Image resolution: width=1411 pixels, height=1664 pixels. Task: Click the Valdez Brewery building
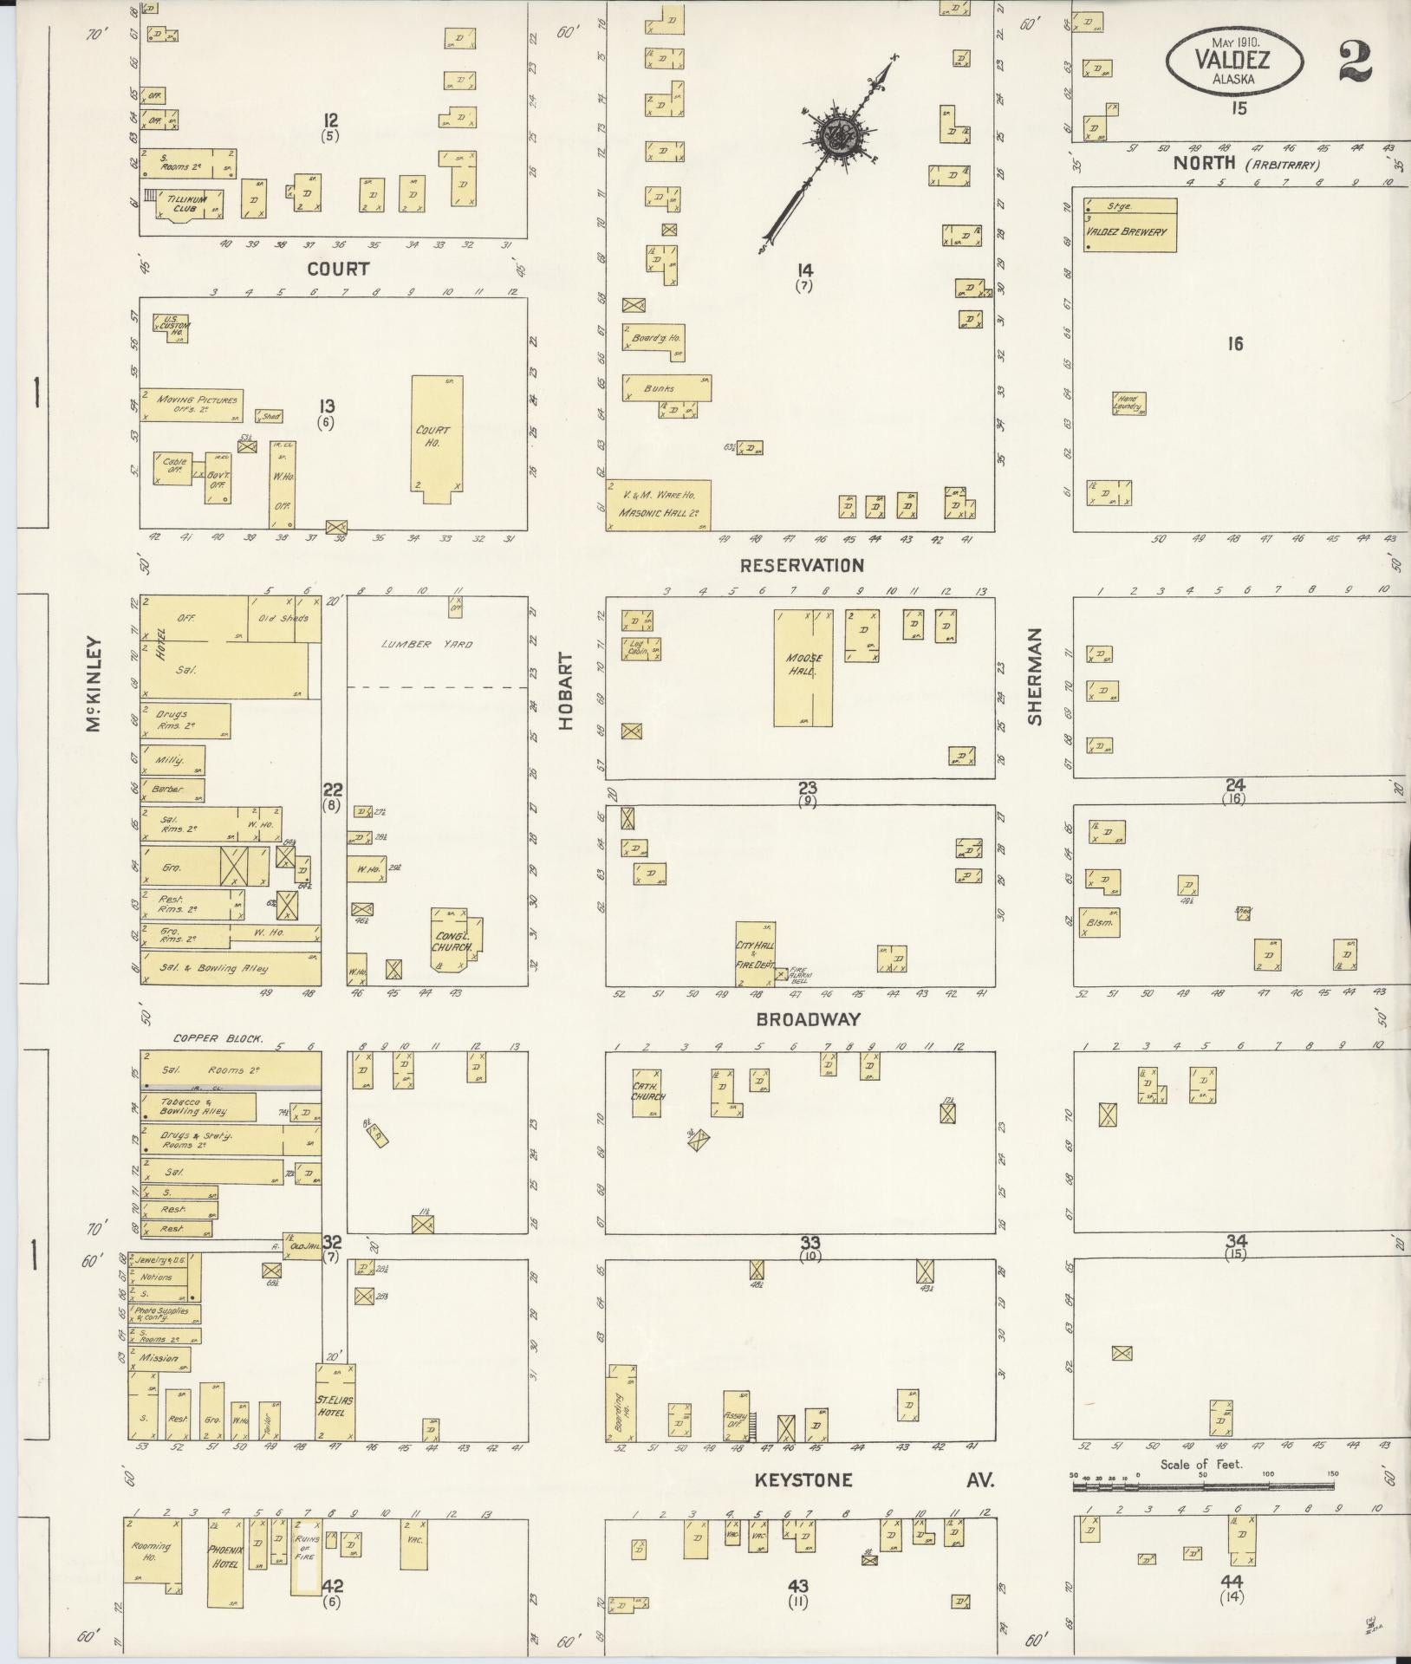1128,226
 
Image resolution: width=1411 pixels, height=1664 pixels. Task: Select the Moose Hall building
803,666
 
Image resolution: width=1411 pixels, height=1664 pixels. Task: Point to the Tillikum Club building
188,205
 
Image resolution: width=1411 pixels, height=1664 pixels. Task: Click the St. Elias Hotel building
335,1403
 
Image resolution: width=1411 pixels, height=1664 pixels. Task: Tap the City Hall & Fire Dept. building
755,953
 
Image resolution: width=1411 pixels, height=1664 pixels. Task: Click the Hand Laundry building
1129,403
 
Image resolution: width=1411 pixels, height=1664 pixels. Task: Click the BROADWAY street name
806,1019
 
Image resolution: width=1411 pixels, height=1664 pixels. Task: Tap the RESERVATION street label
802,565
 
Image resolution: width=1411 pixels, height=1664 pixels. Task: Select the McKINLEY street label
94,686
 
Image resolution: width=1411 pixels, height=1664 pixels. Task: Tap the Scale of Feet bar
1202,1485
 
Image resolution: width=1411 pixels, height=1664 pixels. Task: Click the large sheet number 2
1355,61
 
